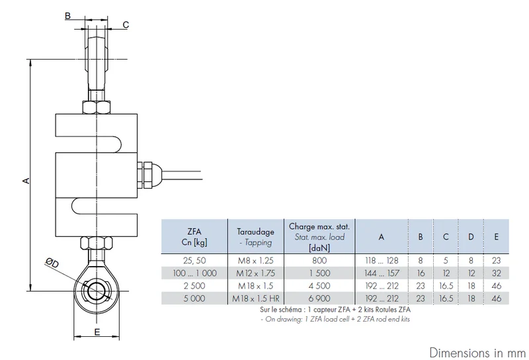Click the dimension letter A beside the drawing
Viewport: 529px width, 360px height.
(x=26, y=181)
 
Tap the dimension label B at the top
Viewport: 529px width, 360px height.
(x=68, y=15)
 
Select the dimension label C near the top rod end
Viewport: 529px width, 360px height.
(x=126, y=24)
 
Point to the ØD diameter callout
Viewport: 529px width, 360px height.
(x=52, y=263)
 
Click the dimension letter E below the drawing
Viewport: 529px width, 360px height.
(x=97, y=332)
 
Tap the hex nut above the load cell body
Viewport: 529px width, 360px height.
(x=97, y=107)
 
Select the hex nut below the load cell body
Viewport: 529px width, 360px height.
(x=97, y=243)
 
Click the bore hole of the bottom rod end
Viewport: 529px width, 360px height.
(x=97, y=291)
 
